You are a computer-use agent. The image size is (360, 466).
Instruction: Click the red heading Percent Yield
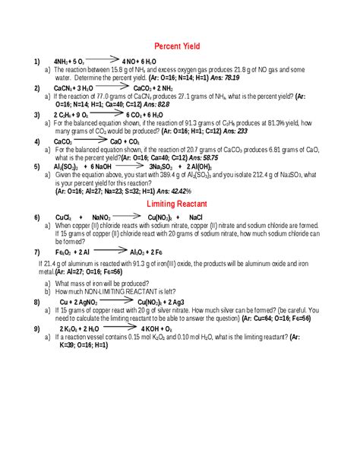point(182,46)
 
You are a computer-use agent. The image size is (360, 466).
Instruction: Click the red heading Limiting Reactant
point(182,205)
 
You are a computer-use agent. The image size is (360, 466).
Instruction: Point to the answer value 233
point(242,131)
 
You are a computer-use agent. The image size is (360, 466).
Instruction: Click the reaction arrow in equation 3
point(109,114)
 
